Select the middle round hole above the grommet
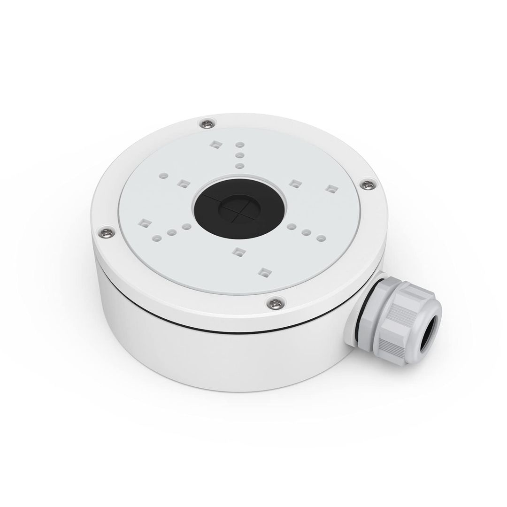pos(239,154)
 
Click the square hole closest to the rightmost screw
pos(331,189)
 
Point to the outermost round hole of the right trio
pos(321,238)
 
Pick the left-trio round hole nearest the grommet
pos(186,227)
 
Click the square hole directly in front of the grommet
pos(238,252)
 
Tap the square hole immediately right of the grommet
pos(294,184)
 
